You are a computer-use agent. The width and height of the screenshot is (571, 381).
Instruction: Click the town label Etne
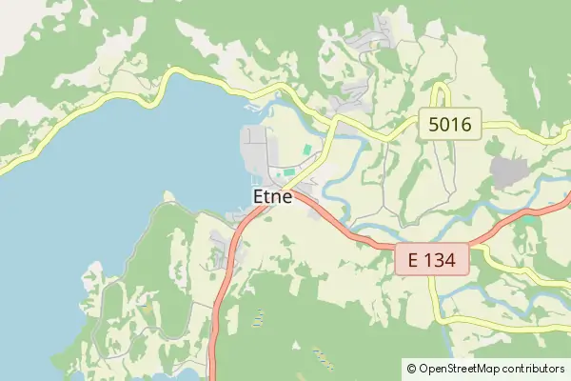pyautogui.click(x=272, y=196)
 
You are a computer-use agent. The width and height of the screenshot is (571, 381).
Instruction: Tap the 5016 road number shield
pyautogui.click(x=451, y=123)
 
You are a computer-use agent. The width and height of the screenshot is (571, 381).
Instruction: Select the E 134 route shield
pyautogui.click(x=433, y=258)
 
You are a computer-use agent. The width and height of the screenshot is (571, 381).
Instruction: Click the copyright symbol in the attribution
pyautogui.click(x=411, y=368)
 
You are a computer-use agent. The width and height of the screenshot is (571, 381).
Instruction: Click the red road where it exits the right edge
pyautogui.click(x=567, y=201)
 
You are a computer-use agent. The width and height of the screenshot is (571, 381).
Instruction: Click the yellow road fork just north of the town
pyautogui.click(x=333, y=121)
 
